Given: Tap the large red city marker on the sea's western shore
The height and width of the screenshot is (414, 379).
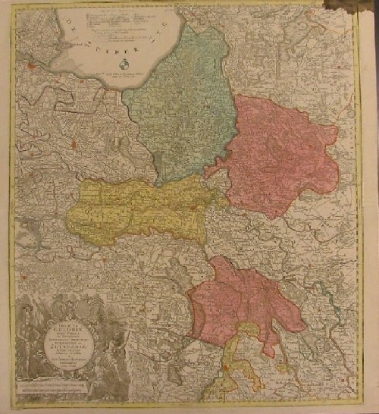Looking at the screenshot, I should coord(30,69).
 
